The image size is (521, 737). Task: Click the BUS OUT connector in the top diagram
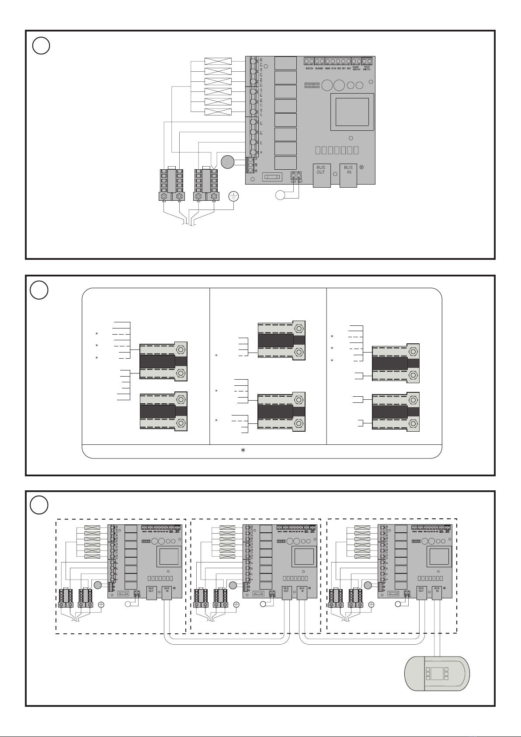click(321, 175)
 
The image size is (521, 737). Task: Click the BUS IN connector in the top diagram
click(348, 175)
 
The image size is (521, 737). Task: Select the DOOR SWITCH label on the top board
click(356, 69)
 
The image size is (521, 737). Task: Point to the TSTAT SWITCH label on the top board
click(367, 69)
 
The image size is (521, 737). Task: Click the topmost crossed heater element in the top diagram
click(218, 62)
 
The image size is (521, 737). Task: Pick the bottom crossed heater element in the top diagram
click(218, 112)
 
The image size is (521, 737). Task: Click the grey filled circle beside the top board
click(227, 162)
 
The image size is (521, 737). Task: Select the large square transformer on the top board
click(352, 112)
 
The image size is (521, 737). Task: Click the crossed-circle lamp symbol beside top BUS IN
click(361, 168)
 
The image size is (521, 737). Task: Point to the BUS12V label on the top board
click(309, 69)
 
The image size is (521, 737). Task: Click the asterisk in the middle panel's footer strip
click(244, 451)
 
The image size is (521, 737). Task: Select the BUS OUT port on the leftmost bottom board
click(151, 593)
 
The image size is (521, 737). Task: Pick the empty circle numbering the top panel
click(41, 45)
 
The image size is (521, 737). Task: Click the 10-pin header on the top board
click(312, 84)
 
